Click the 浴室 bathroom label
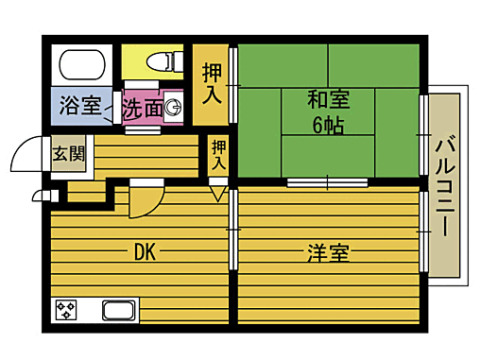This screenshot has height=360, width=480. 80,106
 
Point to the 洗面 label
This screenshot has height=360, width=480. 141,110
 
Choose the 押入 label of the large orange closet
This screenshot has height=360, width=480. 213,83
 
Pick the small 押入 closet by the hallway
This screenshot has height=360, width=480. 219,154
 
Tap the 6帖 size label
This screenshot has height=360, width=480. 327,123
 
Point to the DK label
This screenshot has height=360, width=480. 144,252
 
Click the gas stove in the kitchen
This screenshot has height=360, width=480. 66,310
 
